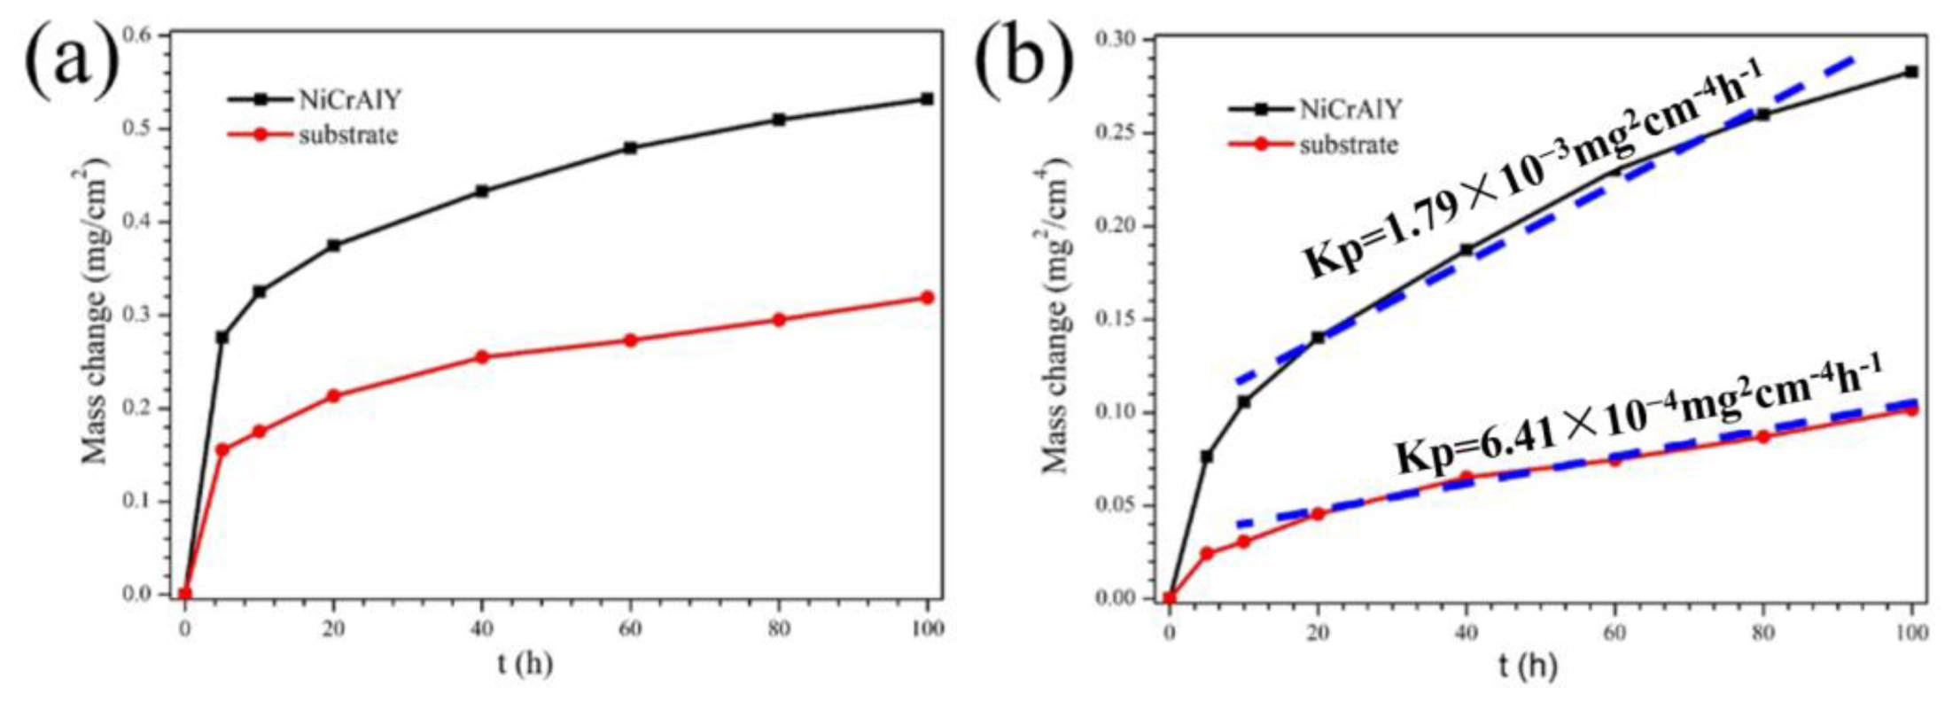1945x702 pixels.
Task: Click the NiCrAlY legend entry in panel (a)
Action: pyautogui.click(x=349, y=100)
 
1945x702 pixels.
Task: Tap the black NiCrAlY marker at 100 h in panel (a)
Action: pyautogui.click(x=927, y=98)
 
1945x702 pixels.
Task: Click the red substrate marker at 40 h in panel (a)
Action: pyautogui.click(x=482, y=357)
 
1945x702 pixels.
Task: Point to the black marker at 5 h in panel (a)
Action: pyautogui.click(x=222, y=337)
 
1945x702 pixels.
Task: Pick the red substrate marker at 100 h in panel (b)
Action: pyautogui.click(x=1911, y=409)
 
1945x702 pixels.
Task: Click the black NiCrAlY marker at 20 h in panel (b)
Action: pyautogui.click(x=1318, y=338)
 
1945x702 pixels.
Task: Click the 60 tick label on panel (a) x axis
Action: pyautogui.click(x=631, y=628)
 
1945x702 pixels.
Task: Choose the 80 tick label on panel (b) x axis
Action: pyautogui.click(x=1762, y=633)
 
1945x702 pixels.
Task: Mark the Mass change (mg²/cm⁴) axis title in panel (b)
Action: pyautogui.click(x=1056, y=316)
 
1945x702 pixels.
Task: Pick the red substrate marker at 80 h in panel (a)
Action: pyautogui.click(x=779, y=319)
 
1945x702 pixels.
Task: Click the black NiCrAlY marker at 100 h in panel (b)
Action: pyautogui.click(x=1911, y=72)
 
